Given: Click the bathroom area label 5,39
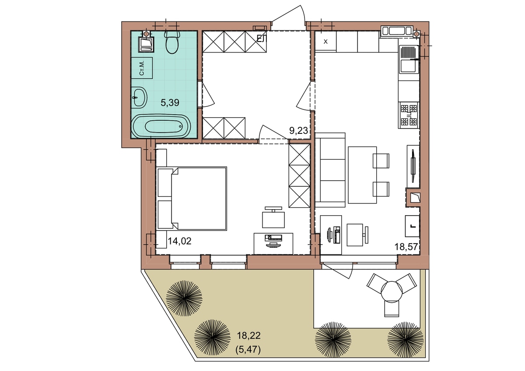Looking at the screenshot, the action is pyautogui.click(x=170, y=103).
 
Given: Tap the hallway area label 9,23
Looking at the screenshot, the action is pyautogui.click(x=298, y=130).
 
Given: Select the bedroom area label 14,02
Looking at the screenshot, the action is pyautogui.click(x=179, y=241).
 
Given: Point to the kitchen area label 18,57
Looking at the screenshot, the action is pyautogui.click(x=406, y=247).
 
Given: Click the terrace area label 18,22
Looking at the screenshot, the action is pyautogui.click(x=248, y=336).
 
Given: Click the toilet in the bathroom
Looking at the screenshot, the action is pyautogui.click(x=172, y=42).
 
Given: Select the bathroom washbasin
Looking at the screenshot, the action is pyautogui.click(x=139, y=98).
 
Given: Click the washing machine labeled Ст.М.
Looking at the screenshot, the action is pyautogui.click(x=142, y=68).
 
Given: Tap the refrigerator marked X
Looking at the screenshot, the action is pyautogui.click(x=325, y=42).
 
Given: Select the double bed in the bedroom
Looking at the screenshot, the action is pyautogui.click(x=192, y=199).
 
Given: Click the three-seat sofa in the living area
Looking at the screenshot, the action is pyautogui.click(x=330, y=170).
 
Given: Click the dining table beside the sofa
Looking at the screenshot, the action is pyautogui.click(x=362, y=175).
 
